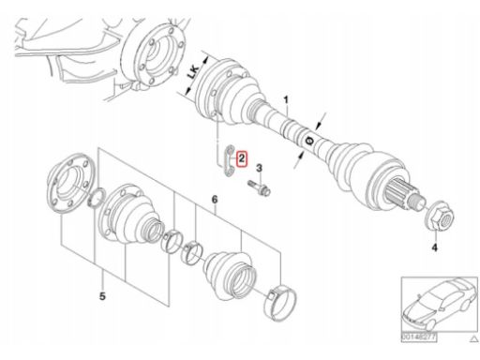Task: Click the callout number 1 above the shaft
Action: tap(286, 100)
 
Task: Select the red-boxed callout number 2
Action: tap(242, 158)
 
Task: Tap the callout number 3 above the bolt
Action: tap(259, 169)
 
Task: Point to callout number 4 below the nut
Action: tap(434, 247)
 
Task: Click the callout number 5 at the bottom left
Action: tap(102, 296)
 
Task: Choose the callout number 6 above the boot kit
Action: tap(215, 200)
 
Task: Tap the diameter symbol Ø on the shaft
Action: tap(309, 141)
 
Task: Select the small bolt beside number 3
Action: tap(260, 188)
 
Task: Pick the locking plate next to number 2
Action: tap(230, 160)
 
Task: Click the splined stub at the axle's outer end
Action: tap(404, 194)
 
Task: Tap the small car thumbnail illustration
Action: tap(439, 305)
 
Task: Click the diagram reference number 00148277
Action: tap(419, 337)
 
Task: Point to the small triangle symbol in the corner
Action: tap(474, 338)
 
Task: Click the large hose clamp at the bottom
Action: tap(279, 302)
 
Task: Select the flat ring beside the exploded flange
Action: tap(97, 198)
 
